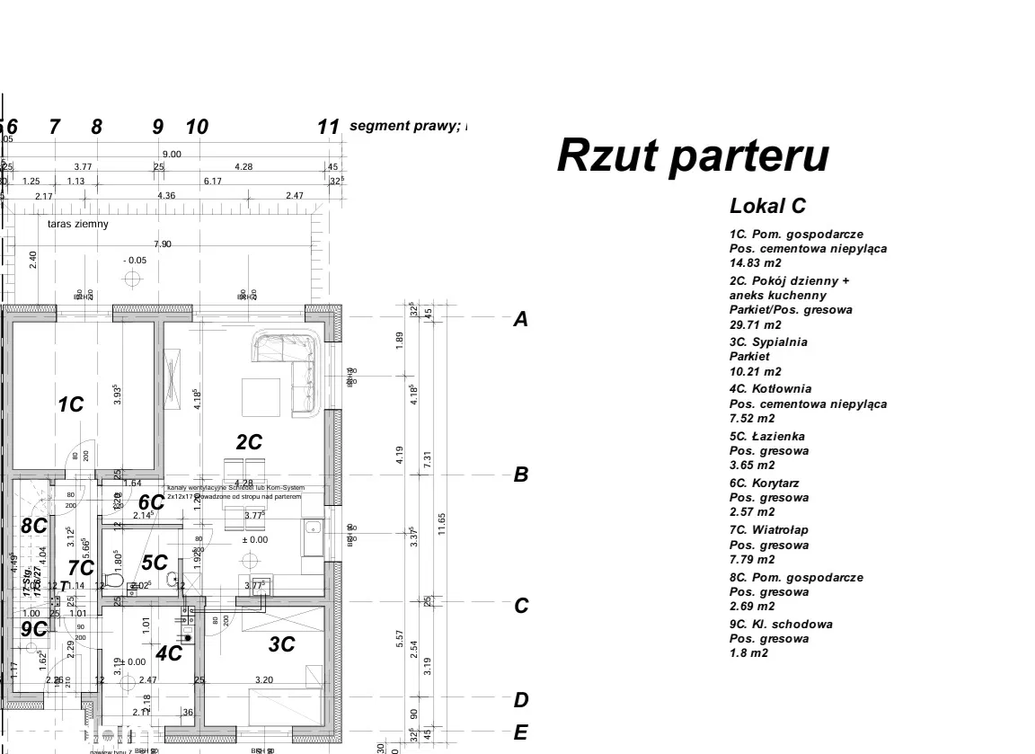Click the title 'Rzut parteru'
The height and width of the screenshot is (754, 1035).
[692, 155]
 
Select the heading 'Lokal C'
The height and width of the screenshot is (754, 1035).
[767, 206]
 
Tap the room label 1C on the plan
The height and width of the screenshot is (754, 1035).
[70, 405]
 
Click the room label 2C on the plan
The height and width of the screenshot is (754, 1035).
[249, 442]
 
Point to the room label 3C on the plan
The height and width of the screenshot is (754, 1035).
[282, 644]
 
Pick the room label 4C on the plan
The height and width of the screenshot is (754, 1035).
[168, 654]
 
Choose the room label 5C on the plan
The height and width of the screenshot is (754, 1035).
[155, 563]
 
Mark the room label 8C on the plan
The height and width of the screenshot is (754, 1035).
[34, 527]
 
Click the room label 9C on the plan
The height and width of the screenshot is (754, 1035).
[34, 629]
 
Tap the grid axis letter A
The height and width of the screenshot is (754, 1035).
[519, 319]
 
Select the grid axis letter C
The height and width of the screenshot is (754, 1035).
[520, 606]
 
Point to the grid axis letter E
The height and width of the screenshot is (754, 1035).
[520, 733]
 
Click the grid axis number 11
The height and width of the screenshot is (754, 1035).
[329, 127]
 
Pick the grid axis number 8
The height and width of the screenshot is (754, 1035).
[97, 127]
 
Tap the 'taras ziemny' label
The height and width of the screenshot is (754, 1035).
[78, 224]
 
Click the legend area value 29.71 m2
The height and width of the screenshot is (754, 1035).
[756, 324]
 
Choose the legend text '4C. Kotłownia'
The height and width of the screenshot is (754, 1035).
[770, 389]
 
